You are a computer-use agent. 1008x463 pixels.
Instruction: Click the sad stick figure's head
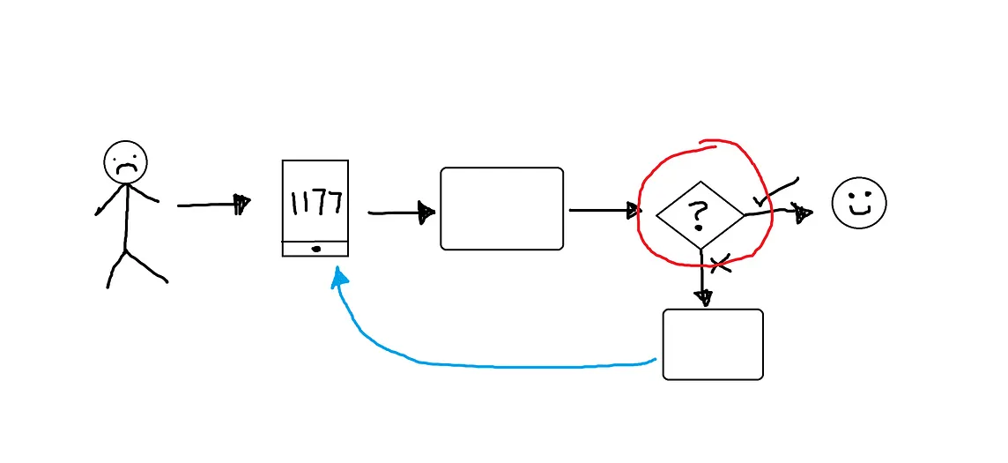point(125,162)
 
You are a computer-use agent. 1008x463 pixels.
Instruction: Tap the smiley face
point(859,203)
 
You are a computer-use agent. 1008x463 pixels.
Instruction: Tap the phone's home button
point(315,250)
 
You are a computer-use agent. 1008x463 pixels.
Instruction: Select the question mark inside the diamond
point(699,214)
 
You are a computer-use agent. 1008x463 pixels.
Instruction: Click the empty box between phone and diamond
point(501,209)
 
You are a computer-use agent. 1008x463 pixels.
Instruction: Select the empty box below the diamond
point(712,344)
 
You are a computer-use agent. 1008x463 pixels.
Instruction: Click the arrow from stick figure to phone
point(211,205)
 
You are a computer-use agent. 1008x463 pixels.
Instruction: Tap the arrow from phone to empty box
point(399,213)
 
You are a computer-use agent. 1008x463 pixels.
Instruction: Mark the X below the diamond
point(722,262)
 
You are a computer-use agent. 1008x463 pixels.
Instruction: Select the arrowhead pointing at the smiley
point(802,212)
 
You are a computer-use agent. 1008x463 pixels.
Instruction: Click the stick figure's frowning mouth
point(126,168)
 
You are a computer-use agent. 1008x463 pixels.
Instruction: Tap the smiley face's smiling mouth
point(859,212)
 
